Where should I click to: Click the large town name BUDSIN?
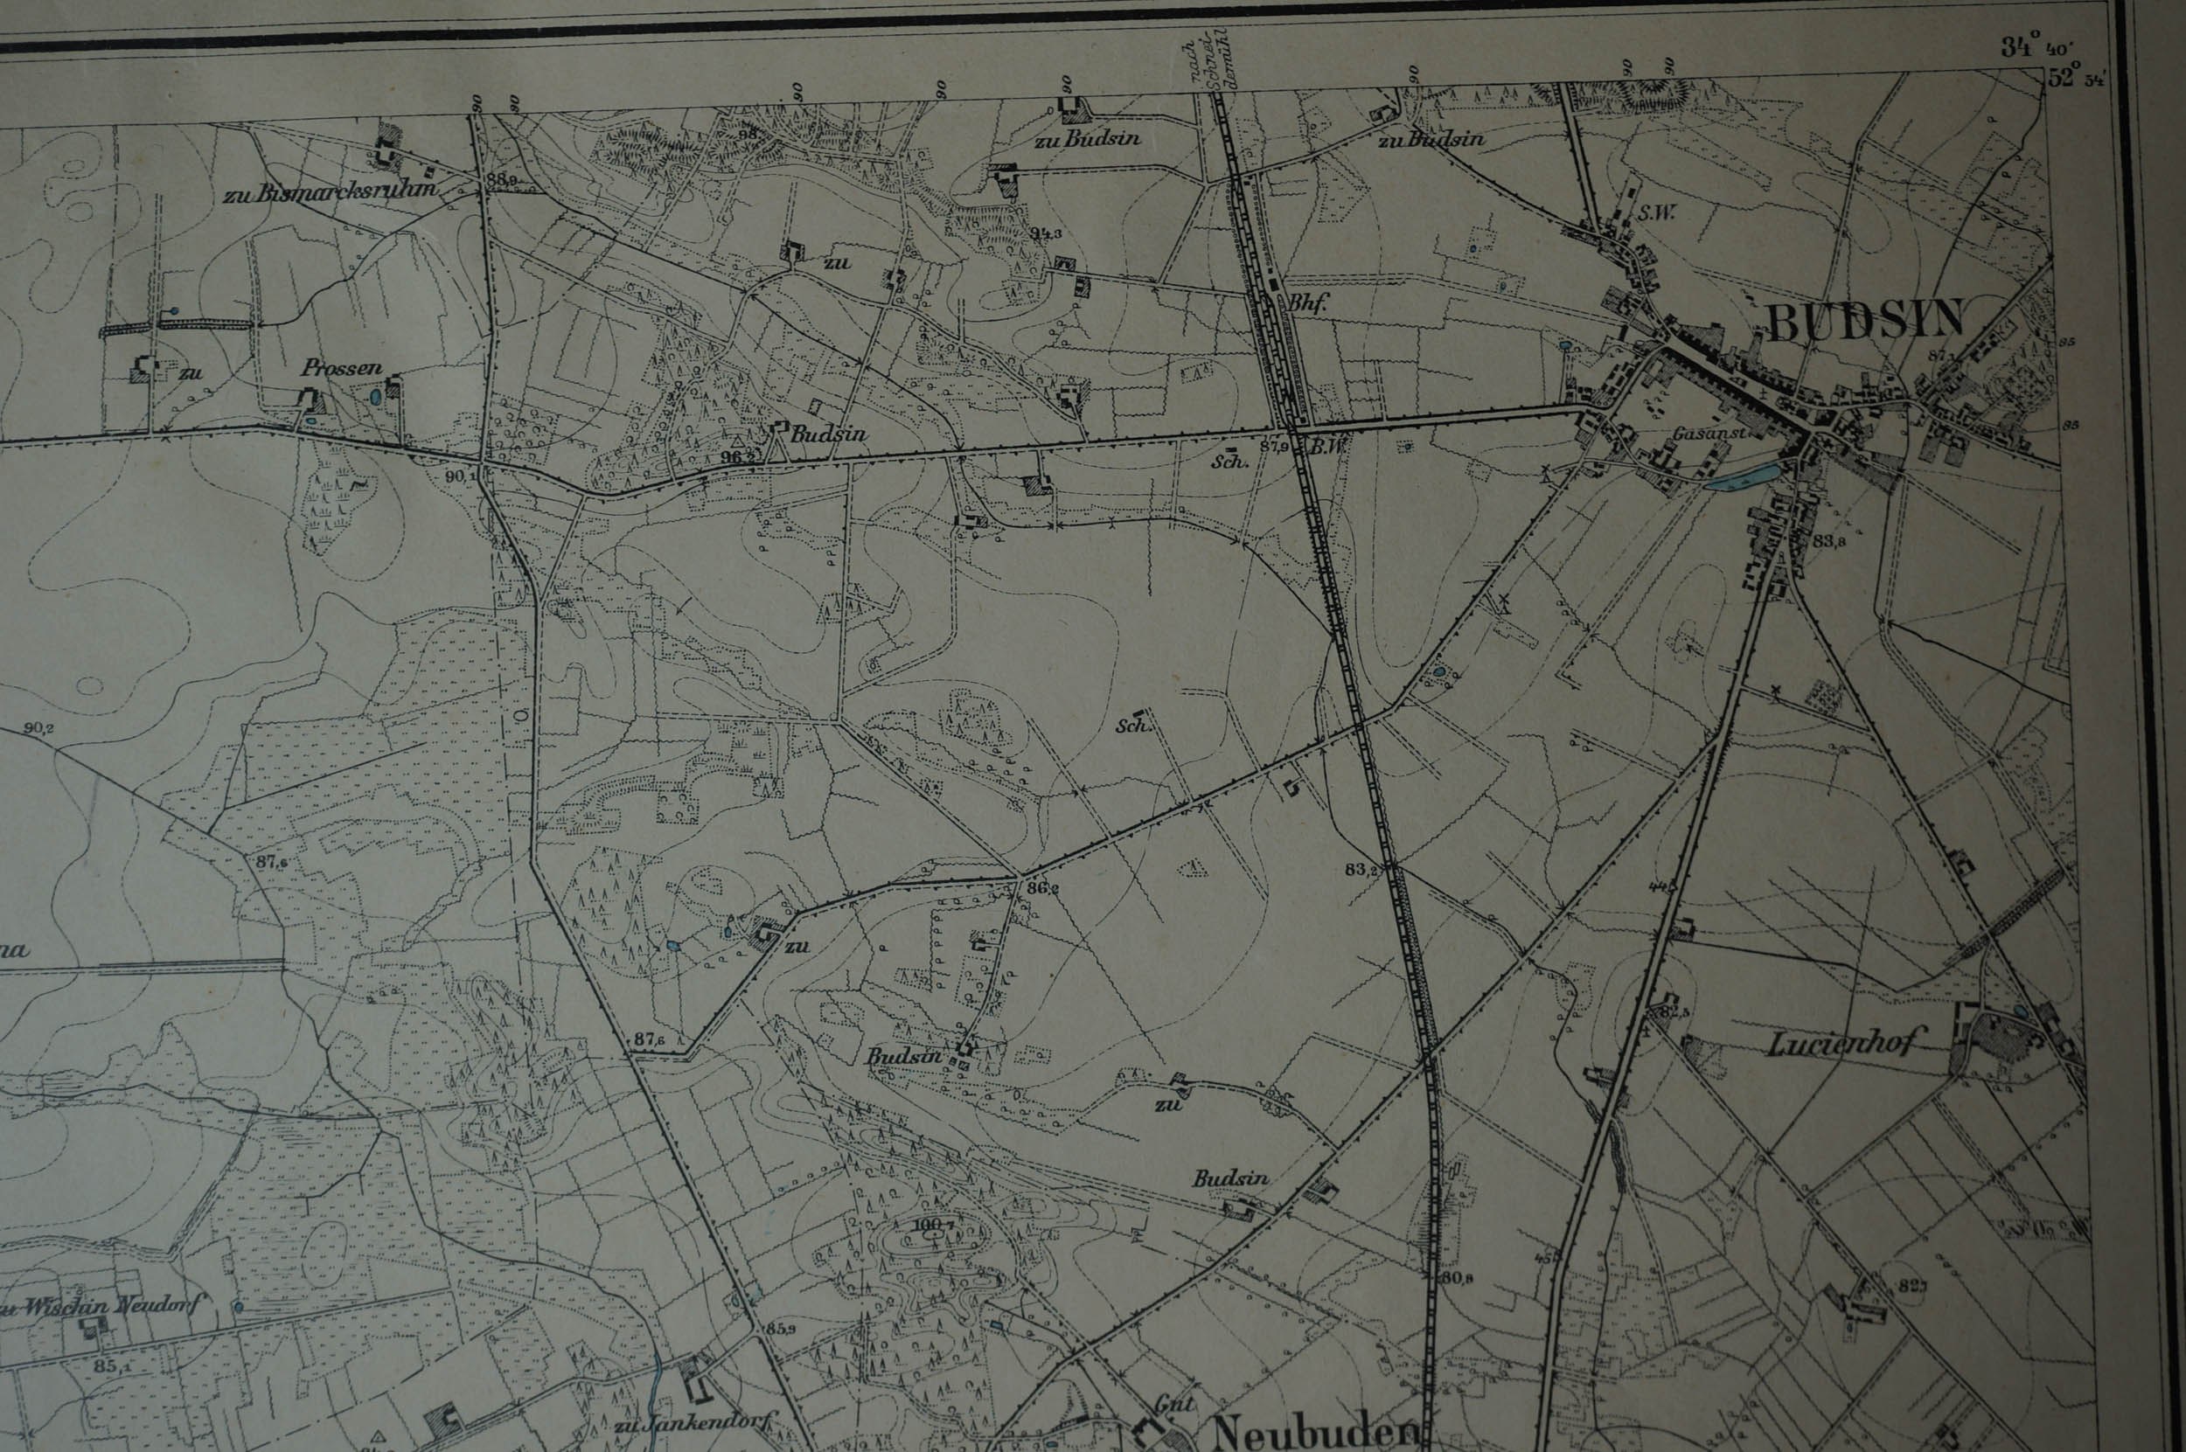[x=1864, y=319]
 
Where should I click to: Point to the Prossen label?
[x=342, y=368]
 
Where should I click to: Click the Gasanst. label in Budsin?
[x=1702, y=433]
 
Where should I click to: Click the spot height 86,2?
[x=1042, y=889]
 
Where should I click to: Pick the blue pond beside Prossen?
[x=374, y=396]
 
